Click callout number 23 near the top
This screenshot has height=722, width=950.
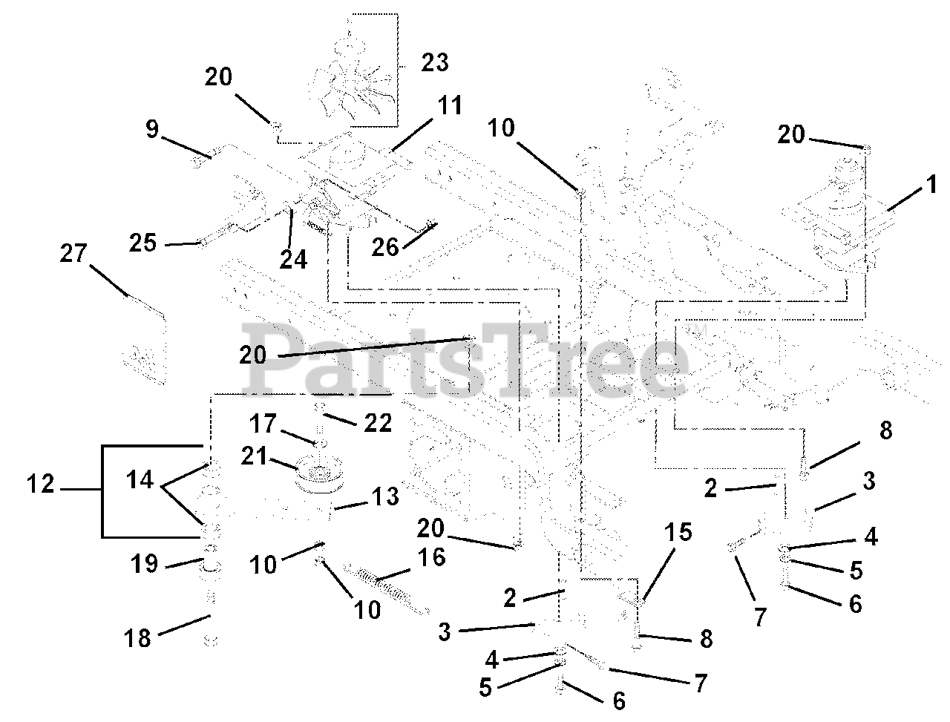pyautogui.click(x=434, y=62)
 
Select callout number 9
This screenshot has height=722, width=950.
pyautogui.click(x=152, y=129)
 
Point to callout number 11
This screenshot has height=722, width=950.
pyautogui.click(x=450, y=105)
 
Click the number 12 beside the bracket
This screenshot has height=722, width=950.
pyautogui.click(x=41, y=484)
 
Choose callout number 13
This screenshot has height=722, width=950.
pyautogui.click(x=386, y=496)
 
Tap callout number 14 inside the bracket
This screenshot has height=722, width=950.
pyautogui.click(x=140, y=480)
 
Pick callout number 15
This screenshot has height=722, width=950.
pyautogui.click(x=678, y=532)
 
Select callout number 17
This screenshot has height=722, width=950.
pyautogui.click(x=263, y=423)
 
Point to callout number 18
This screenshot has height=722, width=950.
pyautogui.click(x=137, y=638)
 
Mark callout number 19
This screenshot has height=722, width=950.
pyautogui.click(x=145, y=564)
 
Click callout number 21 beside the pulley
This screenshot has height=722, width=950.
pyautogui.click(x=254, y=456)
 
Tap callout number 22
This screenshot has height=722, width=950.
pyautogui.click(x=378, y=423)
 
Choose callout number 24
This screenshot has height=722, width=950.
pyautogui.click(x=293, y=260)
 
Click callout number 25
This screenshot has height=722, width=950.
pyautogui.click(x=142, y=242)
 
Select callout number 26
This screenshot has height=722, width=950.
pyautogui.click(x=385, y=247)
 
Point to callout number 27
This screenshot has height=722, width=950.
pyautogui.click(x=73, y=253)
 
